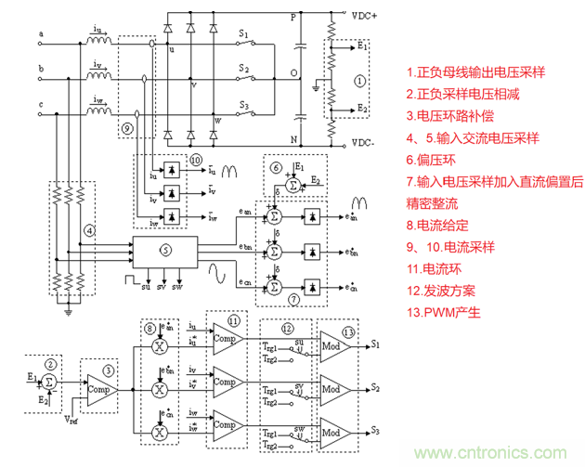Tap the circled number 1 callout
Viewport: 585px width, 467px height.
pyautogui.click(x=360, y=81)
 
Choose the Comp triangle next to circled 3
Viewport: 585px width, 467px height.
pyautogui.click(x=97, y=383)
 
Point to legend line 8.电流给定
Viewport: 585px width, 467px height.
pyautogui.click(x=442, y=225)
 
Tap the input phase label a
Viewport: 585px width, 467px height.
pyautogui.click(x=41, y=36)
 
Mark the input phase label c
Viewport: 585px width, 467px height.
pyautogui.click(x=41, y=103)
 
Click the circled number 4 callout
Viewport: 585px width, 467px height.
pyautogui.click(x=89, y=228)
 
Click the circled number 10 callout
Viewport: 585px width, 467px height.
pyautogui.click(x=195, y=160)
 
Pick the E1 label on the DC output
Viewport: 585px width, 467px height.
pyautogui.click(x=363, y=45)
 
